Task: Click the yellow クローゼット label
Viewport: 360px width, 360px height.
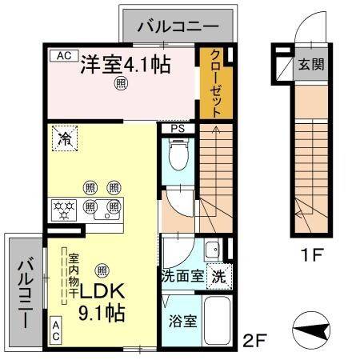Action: [216, 83]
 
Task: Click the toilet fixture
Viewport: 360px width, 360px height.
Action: [179, 154]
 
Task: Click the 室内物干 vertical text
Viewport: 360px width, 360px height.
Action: [74, 276]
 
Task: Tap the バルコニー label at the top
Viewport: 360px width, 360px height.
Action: [178, 26]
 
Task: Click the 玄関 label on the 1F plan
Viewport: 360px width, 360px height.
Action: [311, 64]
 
